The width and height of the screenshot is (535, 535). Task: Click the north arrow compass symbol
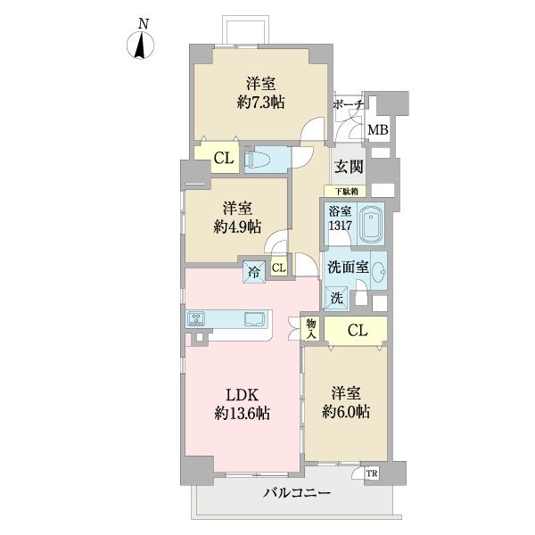[140, 45]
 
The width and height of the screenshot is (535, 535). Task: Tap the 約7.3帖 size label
[259, 103]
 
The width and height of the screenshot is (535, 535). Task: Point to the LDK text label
[242, 393]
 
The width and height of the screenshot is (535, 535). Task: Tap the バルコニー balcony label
[297, 493]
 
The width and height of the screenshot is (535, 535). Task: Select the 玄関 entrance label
[347, 166]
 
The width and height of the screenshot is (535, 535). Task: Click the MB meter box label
[378, 130]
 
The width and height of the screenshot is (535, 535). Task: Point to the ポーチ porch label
[348, 105]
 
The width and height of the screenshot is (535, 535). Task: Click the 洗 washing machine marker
[338, 298]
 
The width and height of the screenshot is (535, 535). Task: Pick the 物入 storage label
[311, 330]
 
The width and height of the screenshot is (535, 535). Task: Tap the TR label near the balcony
[371, 473]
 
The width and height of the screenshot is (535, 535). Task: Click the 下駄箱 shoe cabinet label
[347, 191]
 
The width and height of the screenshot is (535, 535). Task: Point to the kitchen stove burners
[197, 318]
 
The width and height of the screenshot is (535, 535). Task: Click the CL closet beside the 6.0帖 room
[356, 331]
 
